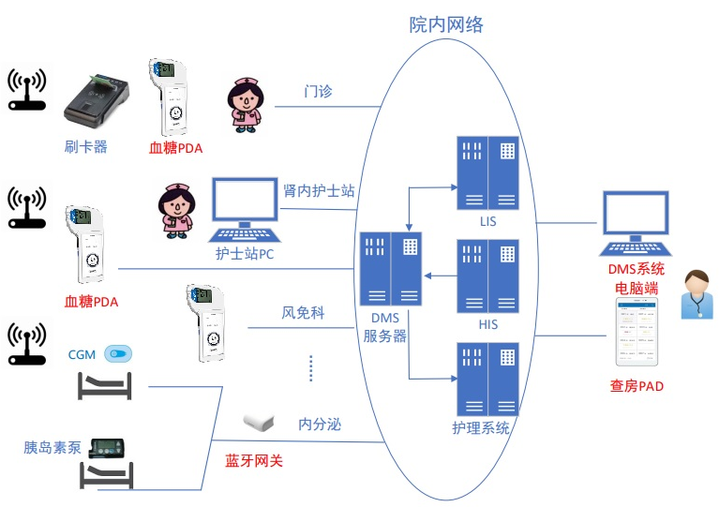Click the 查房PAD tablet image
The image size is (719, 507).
(637, 334)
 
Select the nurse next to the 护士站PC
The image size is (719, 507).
(175, 210)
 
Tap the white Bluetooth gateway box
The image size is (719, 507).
(260, 421)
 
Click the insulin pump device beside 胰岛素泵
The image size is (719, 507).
(107, 449)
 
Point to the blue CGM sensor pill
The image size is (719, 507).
(118, 354)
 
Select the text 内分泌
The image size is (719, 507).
(320, 425)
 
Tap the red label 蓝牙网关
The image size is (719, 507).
(253, 460)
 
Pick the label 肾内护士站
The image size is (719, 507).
(319, 190)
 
